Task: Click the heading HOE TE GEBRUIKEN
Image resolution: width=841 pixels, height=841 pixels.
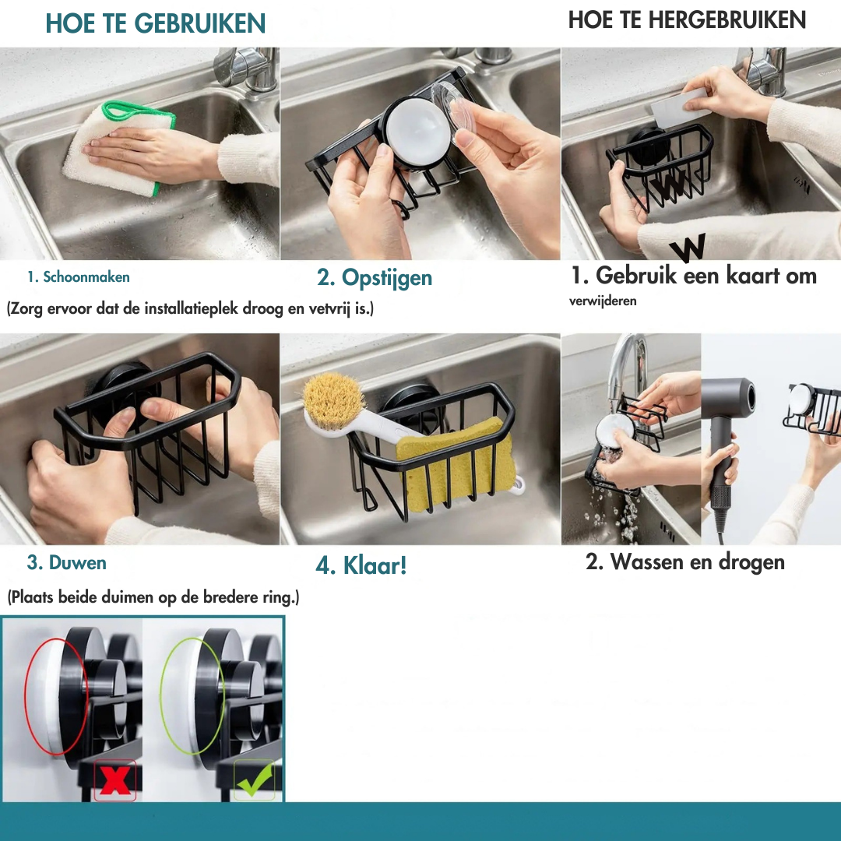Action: [x=156, y=23]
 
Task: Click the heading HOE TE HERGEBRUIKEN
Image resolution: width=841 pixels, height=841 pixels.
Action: [x=687, y=20]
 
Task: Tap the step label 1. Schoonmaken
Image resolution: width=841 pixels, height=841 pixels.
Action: [x=79, y=276]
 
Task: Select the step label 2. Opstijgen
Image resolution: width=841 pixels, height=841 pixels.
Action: [x=375, y=278]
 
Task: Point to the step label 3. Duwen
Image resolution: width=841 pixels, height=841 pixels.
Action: [x=67, y=562]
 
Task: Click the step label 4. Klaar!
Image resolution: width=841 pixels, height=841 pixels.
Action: [x=361, y=565]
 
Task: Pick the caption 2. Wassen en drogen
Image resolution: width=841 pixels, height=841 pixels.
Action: [x=685, y=562]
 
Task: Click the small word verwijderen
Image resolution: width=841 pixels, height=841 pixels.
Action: [x=603, y=301]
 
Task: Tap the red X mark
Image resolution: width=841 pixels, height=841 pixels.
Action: [x=115, y=781]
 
